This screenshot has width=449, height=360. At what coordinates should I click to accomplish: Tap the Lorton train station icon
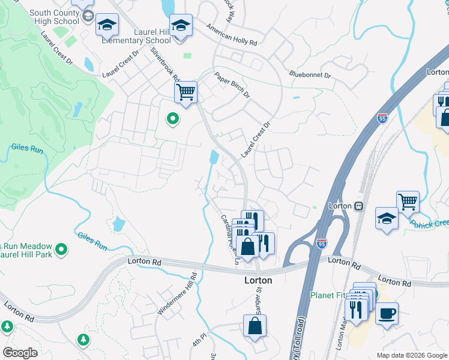pos(359,206)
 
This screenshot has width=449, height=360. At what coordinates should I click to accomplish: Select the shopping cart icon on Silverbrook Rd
pos(185,92)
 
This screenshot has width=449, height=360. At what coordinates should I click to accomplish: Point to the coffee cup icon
pos(387,313)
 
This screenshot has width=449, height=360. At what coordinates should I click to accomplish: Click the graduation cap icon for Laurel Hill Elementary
pos(180,25)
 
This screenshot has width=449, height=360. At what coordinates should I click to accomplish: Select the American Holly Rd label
pos(231,36)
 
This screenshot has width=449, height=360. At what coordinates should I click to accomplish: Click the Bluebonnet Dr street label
pos(310,76)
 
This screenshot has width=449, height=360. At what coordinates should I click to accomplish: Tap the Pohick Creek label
pos(429,224)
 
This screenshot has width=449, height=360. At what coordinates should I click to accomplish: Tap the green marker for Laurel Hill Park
pos(61,248)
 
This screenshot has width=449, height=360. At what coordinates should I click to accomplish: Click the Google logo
pos(20,353)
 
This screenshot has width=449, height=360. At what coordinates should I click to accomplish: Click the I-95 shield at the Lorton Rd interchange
pos(322,244)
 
